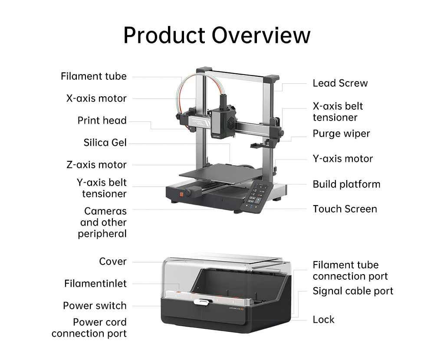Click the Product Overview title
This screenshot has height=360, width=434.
click(x=217, y=35)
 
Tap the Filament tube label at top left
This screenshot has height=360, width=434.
click(x=94, y=76)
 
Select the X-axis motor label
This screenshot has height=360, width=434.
click(x=96, y=98)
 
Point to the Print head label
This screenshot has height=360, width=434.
click(x=102, y=121)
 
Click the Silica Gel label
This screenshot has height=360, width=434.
click(x=105, y=143)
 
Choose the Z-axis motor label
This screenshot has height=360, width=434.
click(x=96, y=165)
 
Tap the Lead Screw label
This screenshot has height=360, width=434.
click(x=340, y=83)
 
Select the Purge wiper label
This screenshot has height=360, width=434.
click(x=341, y=134)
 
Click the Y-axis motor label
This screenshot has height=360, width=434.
click(x=343, y=159)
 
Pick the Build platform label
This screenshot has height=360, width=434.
click(x=346, y=184)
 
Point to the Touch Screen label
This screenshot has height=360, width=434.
click(x=345, y=209)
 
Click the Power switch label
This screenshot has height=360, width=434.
click(x=95, y=306)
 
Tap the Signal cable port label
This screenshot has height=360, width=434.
click(x=353, y=291)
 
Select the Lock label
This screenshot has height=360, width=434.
click(x=324, y=320)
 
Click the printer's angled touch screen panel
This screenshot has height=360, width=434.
click(x=256, y=197)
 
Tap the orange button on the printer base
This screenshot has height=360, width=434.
click(x=181, y=194)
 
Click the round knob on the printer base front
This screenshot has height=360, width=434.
click(x=189, y=193)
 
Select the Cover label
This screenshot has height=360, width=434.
click(x=113, y=262)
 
